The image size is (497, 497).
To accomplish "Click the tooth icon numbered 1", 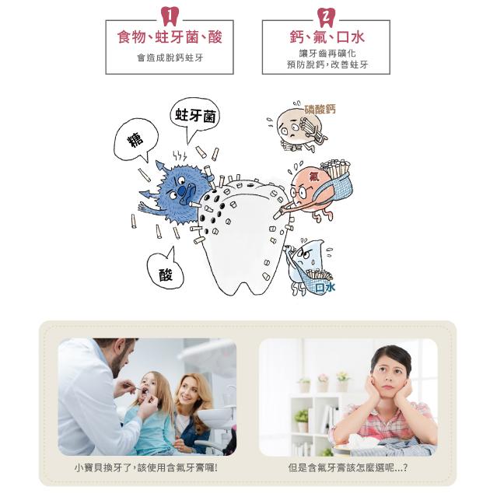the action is (x=170, y=16).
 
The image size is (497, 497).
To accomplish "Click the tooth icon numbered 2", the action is (x=326, y=17).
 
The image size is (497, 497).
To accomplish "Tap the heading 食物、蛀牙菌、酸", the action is (x=170, y=37).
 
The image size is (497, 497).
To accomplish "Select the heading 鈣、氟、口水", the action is (x=327, y=37).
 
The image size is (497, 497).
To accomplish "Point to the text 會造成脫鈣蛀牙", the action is (x=170, y=58).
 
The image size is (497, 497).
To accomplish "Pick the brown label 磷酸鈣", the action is (x=320, y=109).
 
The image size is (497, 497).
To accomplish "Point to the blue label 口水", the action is (x=325, y=288).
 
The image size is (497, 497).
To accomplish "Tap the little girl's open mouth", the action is (x=145, y=391).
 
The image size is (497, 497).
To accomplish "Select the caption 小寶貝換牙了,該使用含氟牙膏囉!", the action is (x=146, y=467).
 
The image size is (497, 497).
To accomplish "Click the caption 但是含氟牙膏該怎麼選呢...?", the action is (x=348, y=467).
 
